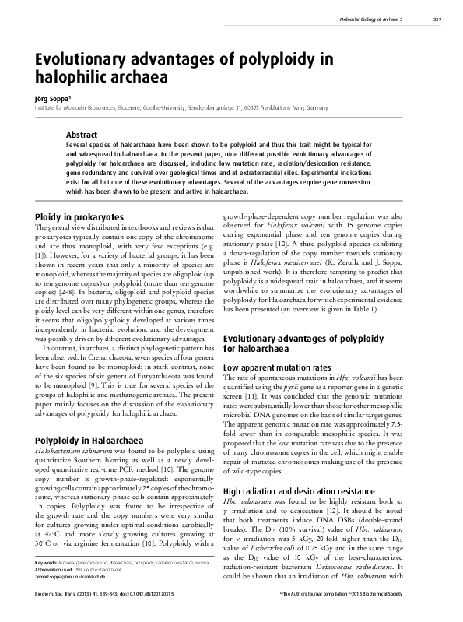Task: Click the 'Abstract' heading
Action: point(82,135)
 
